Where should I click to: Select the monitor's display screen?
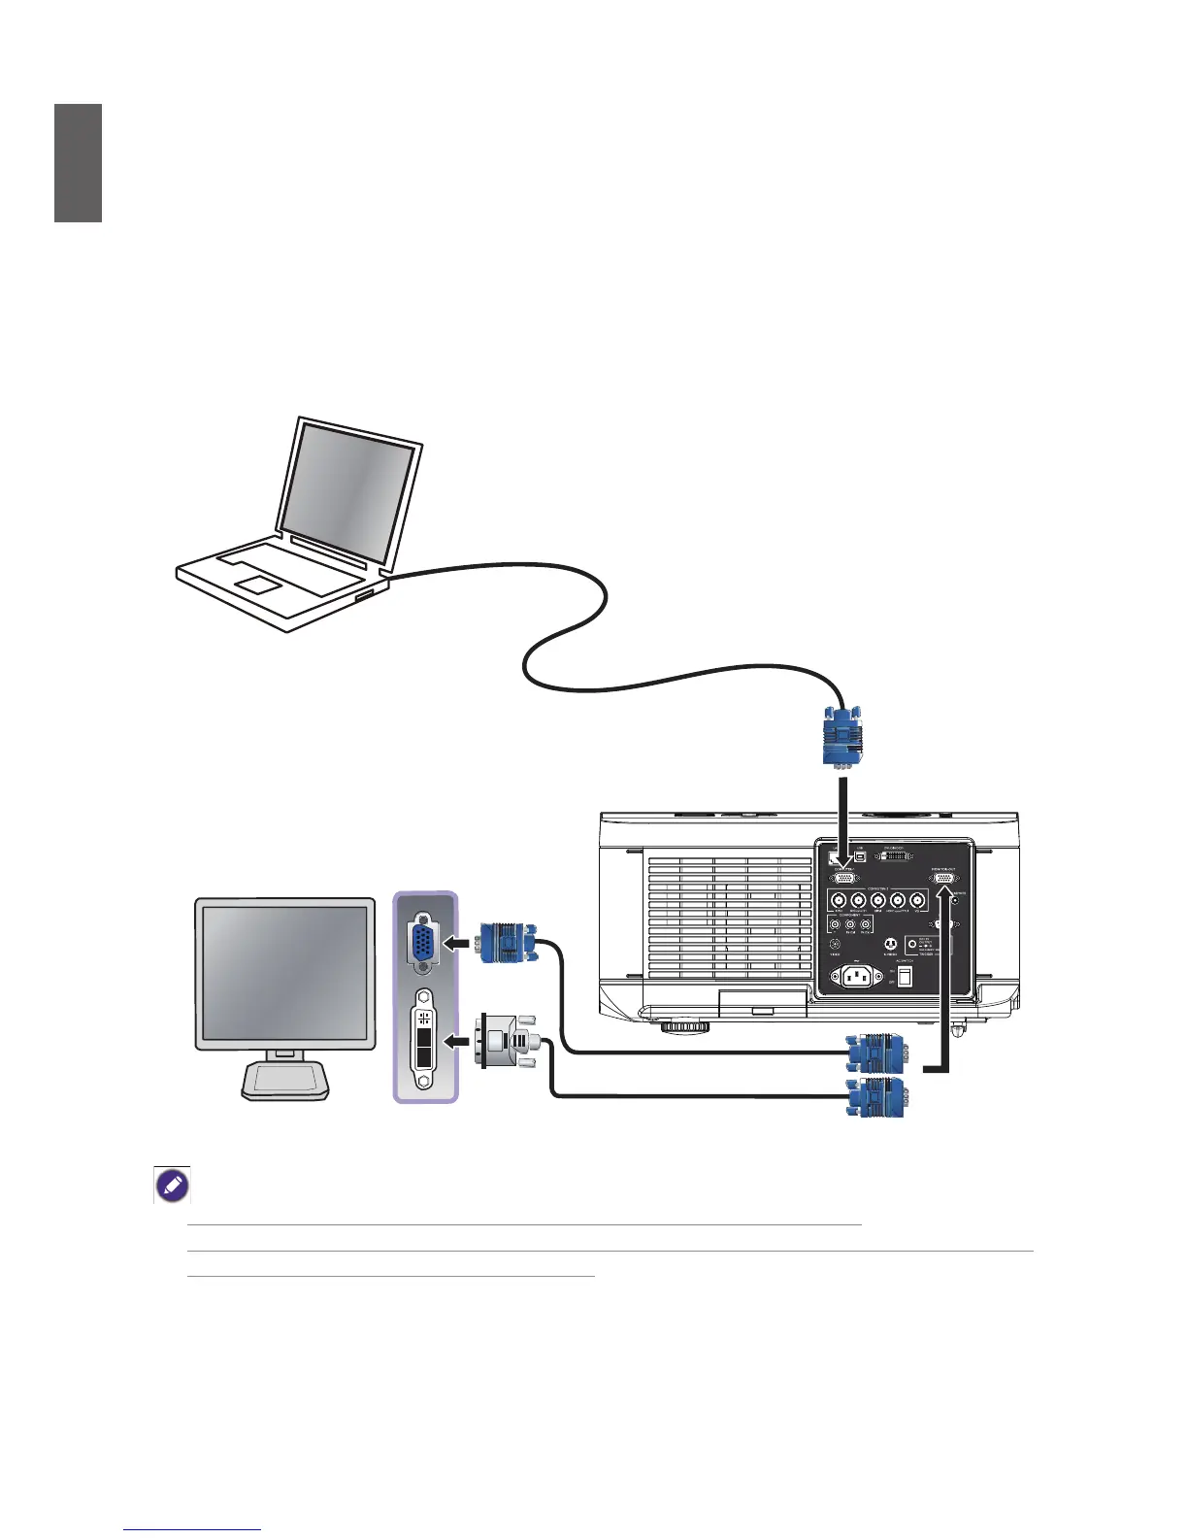(x=285, y=970)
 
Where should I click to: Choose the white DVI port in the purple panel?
(x=424, y=1038)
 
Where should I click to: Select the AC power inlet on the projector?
(x=856, y=975)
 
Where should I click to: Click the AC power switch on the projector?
(x=905, y=975)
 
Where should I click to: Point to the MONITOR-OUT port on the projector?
(x=944, y=878)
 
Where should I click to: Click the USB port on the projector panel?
(x=860, y=856)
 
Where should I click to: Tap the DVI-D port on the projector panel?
(x=895, y=857)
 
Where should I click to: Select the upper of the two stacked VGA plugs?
(x=876, y=1053)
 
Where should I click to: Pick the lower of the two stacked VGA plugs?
(x=876, y=1098)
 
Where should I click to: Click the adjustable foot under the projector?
(x=685, y=1025)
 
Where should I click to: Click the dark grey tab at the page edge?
(x=78, y=163)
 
